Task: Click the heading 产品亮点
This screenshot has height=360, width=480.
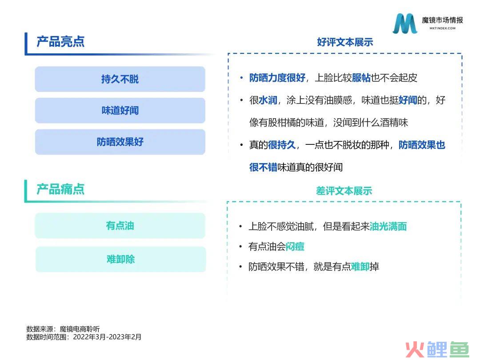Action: (60, 42)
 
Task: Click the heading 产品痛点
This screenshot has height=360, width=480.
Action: (60, 189)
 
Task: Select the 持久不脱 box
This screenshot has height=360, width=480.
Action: (120, 79)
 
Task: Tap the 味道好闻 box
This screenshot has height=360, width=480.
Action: (120, 110)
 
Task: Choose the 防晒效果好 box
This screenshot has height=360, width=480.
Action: (120, 142)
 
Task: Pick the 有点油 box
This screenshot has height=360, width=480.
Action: (120, 226)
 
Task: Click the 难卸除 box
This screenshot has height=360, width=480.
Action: (120, 259)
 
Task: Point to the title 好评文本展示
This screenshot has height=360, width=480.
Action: (345, 42)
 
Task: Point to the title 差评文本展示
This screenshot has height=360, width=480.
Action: (344, 191)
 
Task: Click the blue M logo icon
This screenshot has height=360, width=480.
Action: (405, 23)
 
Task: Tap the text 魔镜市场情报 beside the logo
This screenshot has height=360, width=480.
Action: (442, 20)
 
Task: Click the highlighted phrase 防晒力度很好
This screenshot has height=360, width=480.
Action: (277, 78)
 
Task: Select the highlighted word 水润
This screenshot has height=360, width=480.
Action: (268, 100)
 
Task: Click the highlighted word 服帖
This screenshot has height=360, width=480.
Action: (361, 78)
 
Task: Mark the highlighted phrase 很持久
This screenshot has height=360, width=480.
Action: (282, 145)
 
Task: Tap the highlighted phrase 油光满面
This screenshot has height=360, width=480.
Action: (388, 227)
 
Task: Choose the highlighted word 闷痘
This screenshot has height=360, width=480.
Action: (295, 246)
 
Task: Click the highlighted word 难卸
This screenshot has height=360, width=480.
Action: (360, 267)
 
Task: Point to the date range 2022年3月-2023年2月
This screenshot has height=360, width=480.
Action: (107, 337)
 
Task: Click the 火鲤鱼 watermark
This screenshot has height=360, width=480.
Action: (437, 349)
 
